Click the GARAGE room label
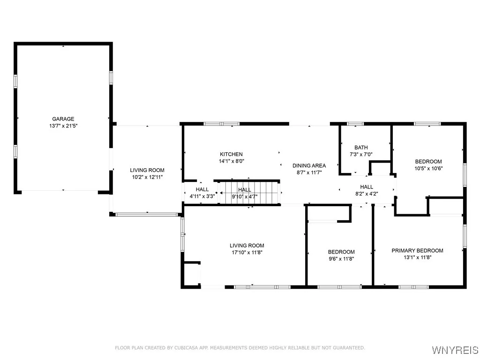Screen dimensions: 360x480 63,119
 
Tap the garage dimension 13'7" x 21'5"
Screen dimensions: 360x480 63,126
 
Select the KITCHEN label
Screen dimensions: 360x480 232,154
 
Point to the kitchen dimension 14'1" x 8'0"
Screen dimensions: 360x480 232,161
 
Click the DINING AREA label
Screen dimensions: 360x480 309,165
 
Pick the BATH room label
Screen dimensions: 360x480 361,147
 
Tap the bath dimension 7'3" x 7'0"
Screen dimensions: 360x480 361,154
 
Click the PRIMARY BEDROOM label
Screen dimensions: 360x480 417,250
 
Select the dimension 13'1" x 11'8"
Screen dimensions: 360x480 417,257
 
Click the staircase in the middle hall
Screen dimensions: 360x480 251,192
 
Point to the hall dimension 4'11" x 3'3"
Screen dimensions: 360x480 202,196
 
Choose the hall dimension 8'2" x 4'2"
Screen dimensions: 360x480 367,194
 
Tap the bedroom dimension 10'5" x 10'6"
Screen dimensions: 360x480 428,169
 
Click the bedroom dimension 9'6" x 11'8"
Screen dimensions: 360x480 341,259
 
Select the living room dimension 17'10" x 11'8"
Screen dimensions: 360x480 247,253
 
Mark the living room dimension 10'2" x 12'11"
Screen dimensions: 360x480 147,177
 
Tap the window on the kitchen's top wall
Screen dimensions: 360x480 221,124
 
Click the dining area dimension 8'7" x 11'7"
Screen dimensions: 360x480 309,172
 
